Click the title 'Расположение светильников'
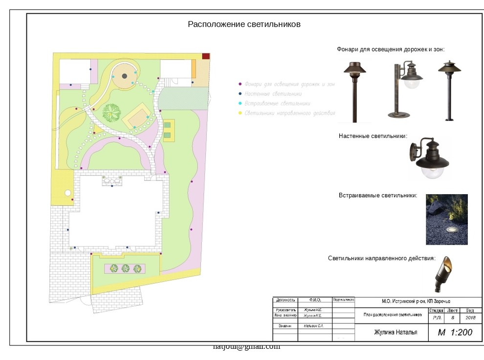(x=244, y=24)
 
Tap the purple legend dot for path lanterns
(x=239, y=84)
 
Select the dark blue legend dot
(x=239, y=94)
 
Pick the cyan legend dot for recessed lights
(x=239, y=104)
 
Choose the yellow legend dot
(x=239, y=113)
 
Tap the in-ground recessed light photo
(x=447, y=219)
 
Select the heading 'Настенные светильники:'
(x=373, y=136)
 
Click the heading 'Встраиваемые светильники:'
(x=378, y=196)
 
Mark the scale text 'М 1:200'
(x=455, y=333)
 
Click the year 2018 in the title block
(x=470, y=318)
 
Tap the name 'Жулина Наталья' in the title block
(x=396, y=333)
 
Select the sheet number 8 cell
(x=453, y=318)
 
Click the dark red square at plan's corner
(x=206, y=56)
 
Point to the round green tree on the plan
(x=112, y=112)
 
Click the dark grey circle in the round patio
(x=125, y=76)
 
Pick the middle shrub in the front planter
(x=126, y=268)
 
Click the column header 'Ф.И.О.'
(x=315, y=300)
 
